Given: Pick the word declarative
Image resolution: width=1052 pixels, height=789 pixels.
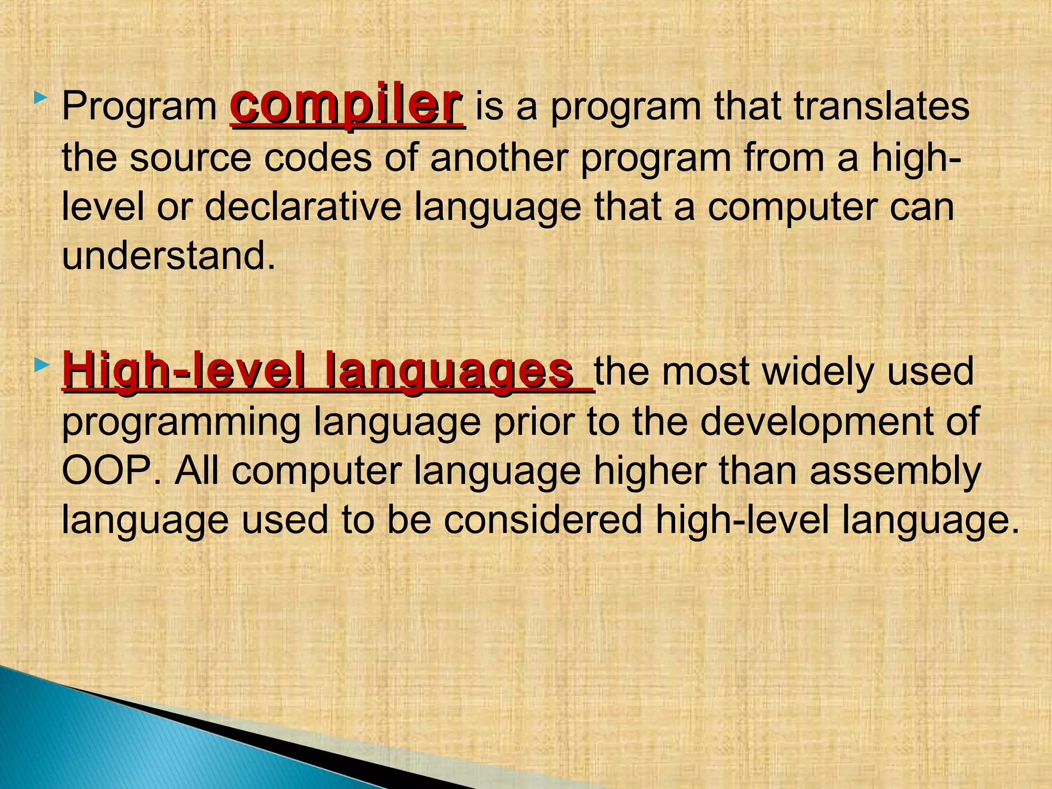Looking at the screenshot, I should click(303, 206).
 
